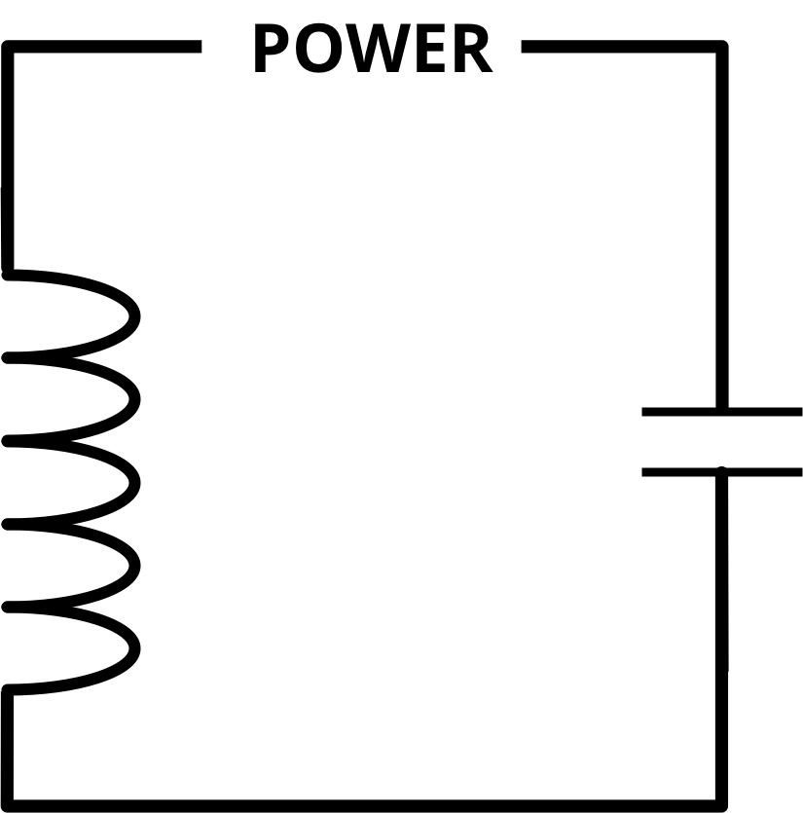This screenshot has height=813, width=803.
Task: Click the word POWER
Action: [x=372, y=49]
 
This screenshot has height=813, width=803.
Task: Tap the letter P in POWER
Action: [x=274, y=50]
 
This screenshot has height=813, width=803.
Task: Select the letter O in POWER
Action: [x=321, y=50]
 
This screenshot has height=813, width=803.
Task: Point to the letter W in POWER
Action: [x=380, y=50]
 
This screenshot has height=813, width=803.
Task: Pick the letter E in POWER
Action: [x=431, y=50]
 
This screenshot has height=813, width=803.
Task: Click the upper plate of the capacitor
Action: [x=721, y=412]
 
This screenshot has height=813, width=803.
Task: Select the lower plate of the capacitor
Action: [x=721, y=472]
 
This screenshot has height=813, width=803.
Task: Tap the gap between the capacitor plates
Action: [x=721, y=442]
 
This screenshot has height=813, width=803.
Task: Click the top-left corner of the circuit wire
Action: [x=9, y=47]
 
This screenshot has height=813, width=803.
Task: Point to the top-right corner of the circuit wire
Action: [x=721, y=47]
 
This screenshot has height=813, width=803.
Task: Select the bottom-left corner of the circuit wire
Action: [x=9, y=804]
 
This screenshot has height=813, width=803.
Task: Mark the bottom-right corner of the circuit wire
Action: [x=721, y=804]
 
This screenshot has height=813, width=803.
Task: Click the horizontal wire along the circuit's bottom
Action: [x=365, y=804]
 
